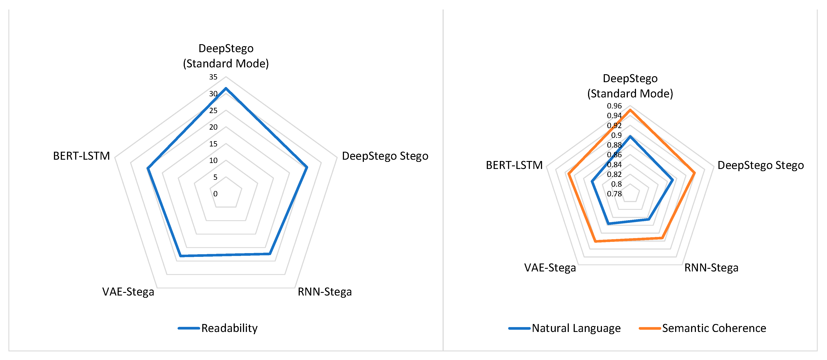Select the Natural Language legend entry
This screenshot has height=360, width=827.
click(x=576, y=328)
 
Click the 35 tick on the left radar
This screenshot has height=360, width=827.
click(x=213, y=77)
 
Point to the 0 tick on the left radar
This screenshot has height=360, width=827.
click(x=215, y=194)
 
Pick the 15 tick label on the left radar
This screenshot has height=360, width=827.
click(x=213, y=144)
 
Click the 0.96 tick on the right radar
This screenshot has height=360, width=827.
click(x=614, y=106)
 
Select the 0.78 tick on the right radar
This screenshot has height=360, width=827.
click(x=614, y=194)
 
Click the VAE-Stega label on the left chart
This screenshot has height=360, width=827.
click(x=128, y=292)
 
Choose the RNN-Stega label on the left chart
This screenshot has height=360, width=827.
click(x=325, y=292)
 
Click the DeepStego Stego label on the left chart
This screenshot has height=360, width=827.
click(x=385, y=156)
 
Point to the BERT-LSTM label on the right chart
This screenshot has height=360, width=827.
click(x=514, y=165)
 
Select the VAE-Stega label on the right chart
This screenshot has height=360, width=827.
click(x=550, y=268)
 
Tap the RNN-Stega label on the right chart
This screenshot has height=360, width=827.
click(x=711, y=268)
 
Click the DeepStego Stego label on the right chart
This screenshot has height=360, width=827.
click(x=760, y=165)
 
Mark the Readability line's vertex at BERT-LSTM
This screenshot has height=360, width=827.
click(x=148, y=168)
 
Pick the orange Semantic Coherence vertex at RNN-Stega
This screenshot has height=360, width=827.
click(x=661, y=238)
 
